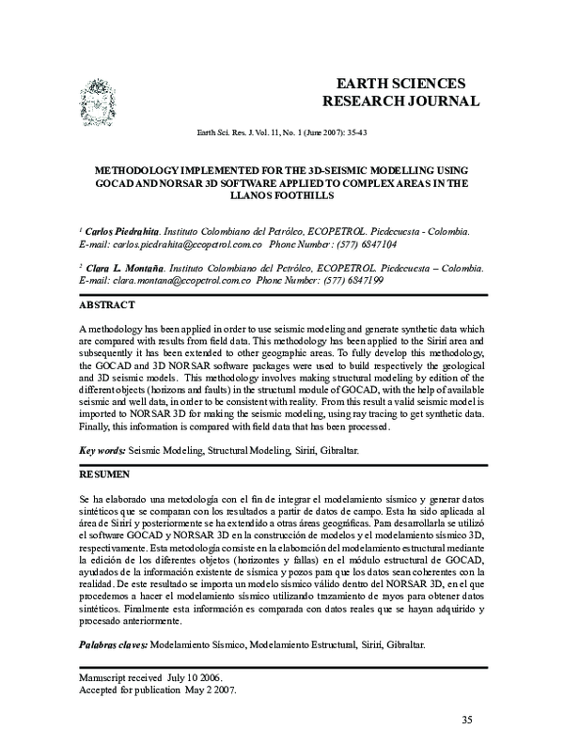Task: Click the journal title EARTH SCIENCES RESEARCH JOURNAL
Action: (x=400, y=91)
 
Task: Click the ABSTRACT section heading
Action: (x=107, y=304)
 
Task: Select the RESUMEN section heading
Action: (x=105, y=475)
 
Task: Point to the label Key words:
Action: (x=102, y=452)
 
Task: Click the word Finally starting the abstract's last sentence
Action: (x=95, y=427)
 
